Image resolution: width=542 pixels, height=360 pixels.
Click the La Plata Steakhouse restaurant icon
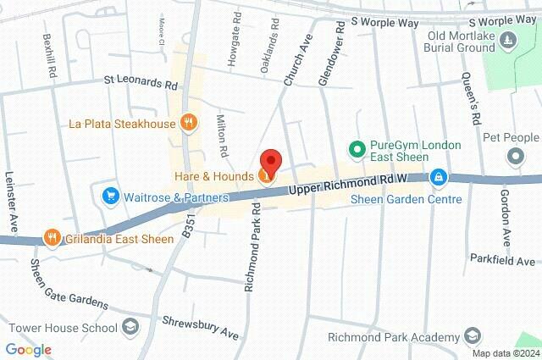click(189, 124)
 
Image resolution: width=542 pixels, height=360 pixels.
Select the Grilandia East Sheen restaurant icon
click(53, 238)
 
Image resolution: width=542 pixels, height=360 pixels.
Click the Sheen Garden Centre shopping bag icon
click(438, 178)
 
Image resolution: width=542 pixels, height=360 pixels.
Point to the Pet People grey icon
click(515, 157)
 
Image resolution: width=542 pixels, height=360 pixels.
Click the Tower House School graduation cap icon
click(130, 327)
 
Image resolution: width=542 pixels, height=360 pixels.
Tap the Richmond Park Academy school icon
click(476, 337)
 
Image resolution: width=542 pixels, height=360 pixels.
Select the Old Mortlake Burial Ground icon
click(507, 39)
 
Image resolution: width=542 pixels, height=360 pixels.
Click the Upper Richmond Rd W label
click(347, 182)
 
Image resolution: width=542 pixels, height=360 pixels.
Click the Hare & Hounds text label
click(213, 175)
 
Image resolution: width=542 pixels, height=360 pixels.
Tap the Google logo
click(28, 350)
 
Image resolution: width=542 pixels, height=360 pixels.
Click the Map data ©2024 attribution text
click(506, 353)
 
